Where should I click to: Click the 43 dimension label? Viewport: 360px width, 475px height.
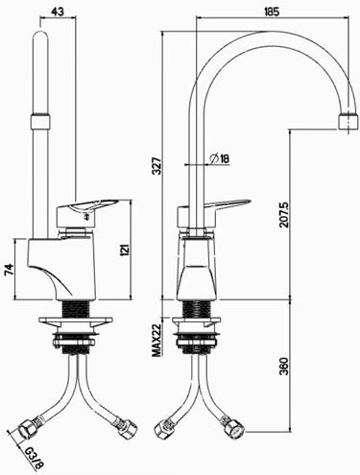58,12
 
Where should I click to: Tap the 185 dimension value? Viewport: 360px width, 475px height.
272,12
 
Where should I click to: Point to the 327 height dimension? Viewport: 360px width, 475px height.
156,165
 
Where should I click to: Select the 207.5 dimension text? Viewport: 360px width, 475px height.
283,214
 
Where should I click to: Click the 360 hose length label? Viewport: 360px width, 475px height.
283,366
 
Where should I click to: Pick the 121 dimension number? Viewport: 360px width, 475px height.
125,249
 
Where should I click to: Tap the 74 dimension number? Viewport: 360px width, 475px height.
9,270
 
